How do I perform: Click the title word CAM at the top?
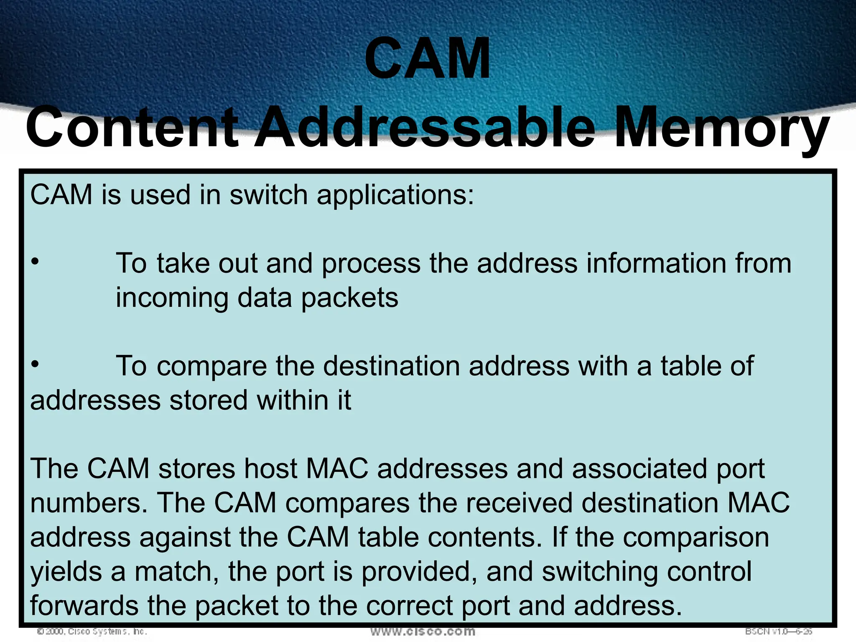428,59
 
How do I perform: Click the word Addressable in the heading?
424,127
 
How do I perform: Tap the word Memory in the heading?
721,127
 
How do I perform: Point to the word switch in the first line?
269,195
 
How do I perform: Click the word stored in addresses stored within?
209,400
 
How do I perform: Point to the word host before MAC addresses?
271,469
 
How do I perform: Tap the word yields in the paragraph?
66,572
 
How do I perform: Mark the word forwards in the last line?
84,606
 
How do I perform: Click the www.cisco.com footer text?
423,631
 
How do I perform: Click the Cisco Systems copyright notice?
92,632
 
